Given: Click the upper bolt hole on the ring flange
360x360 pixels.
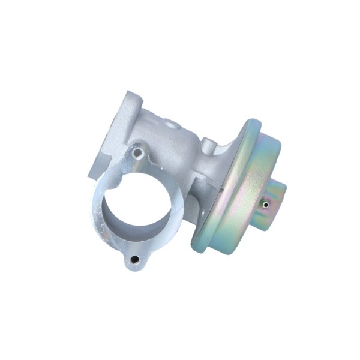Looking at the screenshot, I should click(137, 154).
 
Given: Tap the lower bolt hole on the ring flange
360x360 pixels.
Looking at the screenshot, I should click(134, 259).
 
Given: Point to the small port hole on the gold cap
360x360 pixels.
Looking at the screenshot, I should click(265, 205).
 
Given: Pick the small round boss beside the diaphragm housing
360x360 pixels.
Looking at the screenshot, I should click(207, 144).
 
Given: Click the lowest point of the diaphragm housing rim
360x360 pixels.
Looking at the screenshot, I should click(201, 247).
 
